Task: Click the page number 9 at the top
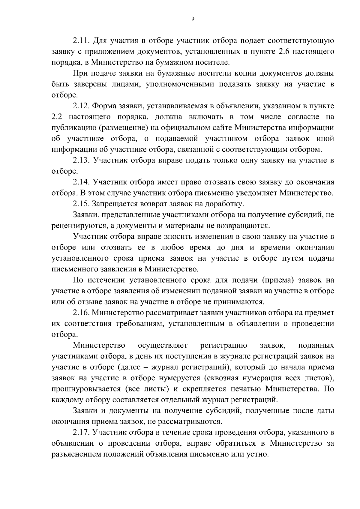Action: click(x=193, y=19)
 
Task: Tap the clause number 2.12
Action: click(x=82, y=106)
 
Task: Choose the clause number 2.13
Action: click(x=82, y=160)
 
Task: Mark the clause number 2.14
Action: click(x=82, y=182)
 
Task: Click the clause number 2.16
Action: click(x=82, y=313)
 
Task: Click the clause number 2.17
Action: click(x=82, y=432)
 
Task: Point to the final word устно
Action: click(x=257, y=454)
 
